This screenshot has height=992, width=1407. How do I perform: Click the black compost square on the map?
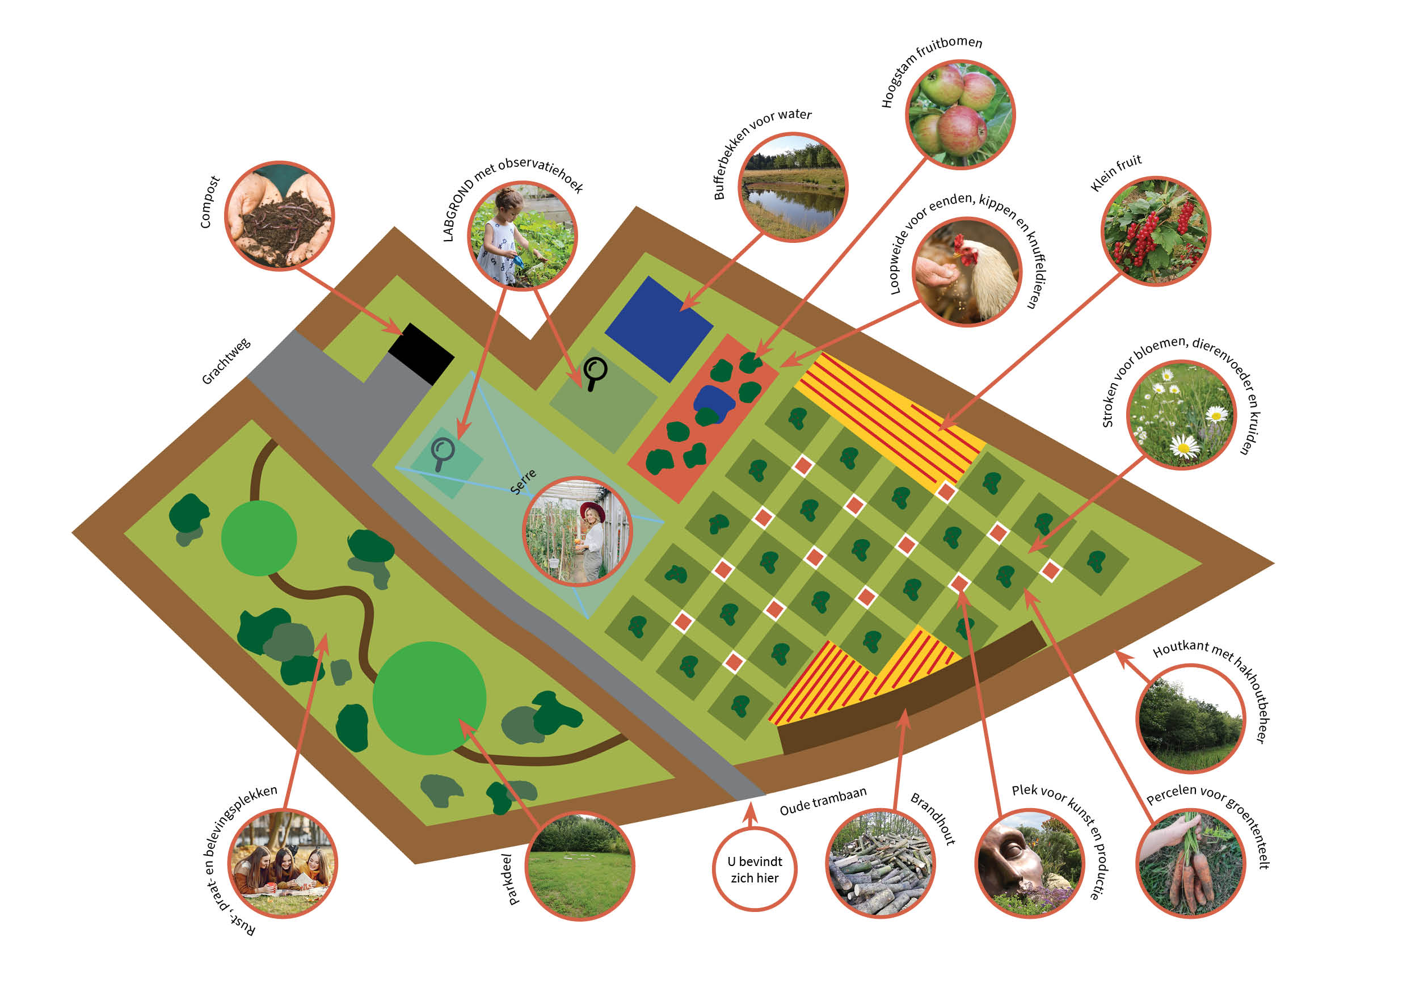point(421,354)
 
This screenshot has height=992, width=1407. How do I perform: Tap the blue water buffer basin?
point(659,329)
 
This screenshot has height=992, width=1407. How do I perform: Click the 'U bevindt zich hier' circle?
point(755,869)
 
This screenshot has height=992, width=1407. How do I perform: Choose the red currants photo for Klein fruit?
point(1156,230)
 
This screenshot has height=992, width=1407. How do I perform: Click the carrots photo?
point(1191,863)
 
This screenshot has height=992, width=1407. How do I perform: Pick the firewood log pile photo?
point(881,863)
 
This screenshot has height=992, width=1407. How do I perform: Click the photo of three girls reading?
point(283,863)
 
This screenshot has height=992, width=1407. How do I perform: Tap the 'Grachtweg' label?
point(226,361)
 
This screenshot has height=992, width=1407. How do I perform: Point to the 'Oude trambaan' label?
point(823,801)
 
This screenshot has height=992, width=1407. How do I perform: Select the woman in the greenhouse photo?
point(577,531)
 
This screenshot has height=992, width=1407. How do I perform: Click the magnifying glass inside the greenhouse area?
point(443,453)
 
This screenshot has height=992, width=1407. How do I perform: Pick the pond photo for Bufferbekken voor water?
point(793,187)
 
